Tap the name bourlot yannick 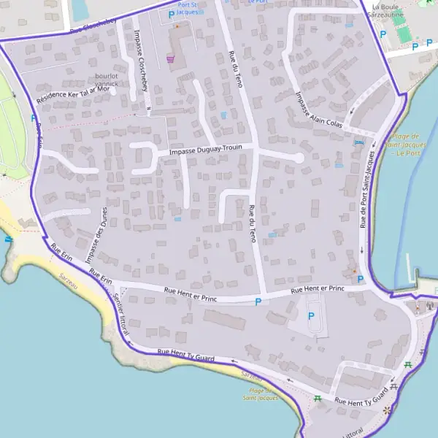107,80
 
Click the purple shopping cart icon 171,59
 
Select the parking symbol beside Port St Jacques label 172,14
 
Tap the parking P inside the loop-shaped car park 312,316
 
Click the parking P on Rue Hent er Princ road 258,301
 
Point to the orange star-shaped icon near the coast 387,410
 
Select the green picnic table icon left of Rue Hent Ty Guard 318,398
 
